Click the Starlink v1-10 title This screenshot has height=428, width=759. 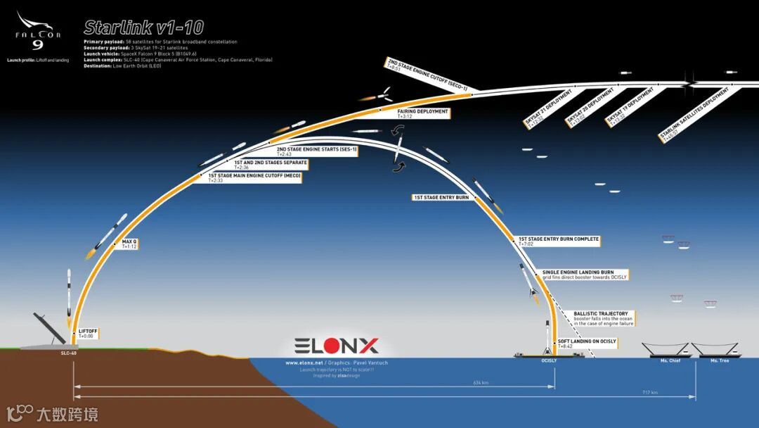pyautogui.click(x=143, y=27)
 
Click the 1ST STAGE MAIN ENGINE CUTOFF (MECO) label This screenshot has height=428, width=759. pyautogui.click(x=254, y=177)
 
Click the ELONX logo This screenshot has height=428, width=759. pyautogui.click(x=337, y=346)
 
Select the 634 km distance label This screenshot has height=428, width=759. pyautogui.click(x=481, y=383)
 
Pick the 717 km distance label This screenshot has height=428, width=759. pyautogui.click(x=649, y=392)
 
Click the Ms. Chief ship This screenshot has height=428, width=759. pyautogui.click(x=665, y=349)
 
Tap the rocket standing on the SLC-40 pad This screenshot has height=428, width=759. pyautogui.click(x=69, y=296)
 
